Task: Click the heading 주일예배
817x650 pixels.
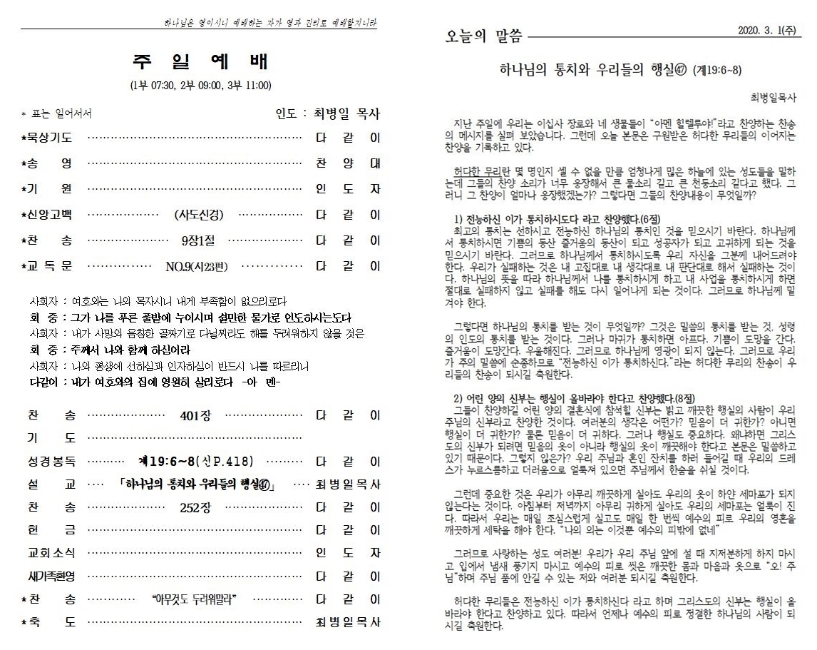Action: (200, 61)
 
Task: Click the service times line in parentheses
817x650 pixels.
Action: (200, 86)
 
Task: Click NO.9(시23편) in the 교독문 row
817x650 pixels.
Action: (197, 266)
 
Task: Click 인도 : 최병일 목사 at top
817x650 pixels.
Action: (328, 113)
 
